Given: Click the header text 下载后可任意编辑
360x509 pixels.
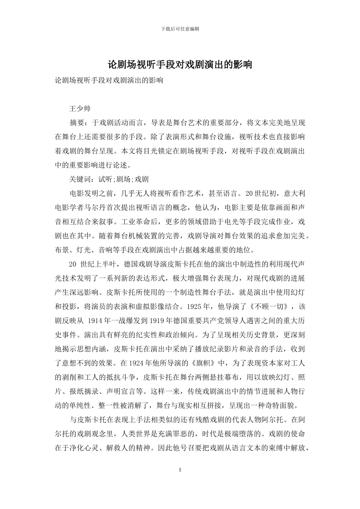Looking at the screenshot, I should coord(180,29).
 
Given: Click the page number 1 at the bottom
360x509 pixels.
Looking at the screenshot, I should coord(180,470).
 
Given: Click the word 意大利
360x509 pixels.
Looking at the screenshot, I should coord(294,193).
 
